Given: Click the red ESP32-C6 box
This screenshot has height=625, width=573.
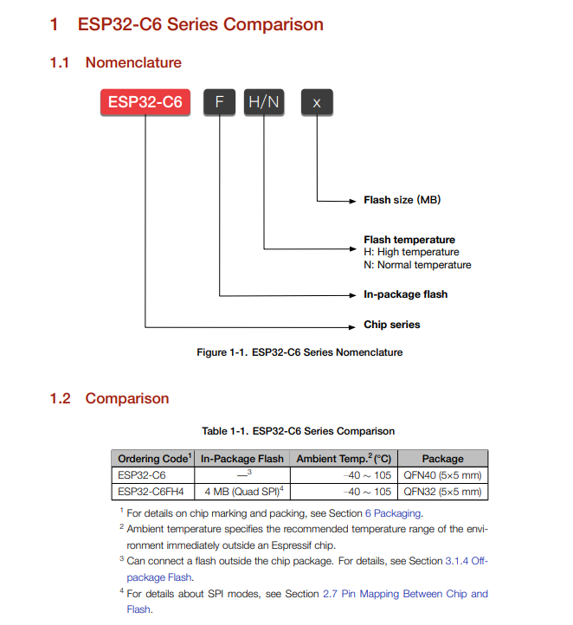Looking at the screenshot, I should pos(145,102).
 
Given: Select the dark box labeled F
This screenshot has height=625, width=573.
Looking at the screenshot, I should pos(220,102).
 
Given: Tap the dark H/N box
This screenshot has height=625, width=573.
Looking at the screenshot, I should pos(264,102).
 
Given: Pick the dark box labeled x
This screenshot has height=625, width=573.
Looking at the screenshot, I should pos(317,102).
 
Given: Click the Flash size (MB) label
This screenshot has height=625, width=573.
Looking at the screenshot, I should pos(402,200).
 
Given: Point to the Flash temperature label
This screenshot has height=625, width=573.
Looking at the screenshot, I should pos(409,240).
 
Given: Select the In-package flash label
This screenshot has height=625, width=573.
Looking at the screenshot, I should pos(405,294).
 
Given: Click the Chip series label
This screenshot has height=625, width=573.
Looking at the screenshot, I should pos(391,325).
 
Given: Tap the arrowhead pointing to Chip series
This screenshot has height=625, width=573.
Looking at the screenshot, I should pos(353,326).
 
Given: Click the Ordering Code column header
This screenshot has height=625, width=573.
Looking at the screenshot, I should pos(153,458).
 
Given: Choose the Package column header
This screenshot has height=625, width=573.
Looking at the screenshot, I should pos(442,458).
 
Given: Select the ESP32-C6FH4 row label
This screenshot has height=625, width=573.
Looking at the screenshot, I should pos(151,491).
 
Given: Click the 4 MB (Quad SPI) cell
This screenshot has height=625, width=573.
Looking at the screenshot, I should pos(241,491).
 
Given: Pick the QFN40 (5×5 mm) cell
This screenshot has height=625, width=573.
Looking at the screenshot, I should pos(442,475).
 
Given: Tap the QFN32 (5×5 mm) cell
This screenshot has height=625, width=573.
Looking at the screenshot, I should pos(442,491).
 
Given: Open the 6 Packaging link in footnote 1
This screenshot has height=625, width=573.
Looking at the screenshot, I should pos(386,513).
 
